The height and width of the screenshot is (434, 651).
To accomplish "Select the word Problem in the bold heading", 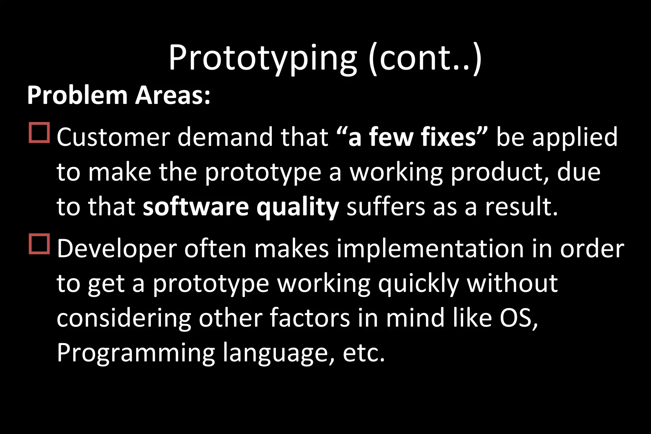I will (77, 95).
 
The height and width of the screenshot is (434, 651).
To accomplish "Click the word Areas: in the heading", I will (173, 95).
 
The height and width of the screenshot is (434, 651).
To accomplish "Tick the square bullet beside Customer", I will (39, 133).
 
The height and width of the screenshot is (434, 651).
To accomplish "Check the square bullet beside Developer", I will (39, 244).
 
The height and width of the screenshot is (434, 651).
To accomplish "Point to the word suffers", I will (386, 207).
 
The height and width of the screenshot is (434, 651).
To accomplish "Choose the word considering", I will (124, 319).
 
